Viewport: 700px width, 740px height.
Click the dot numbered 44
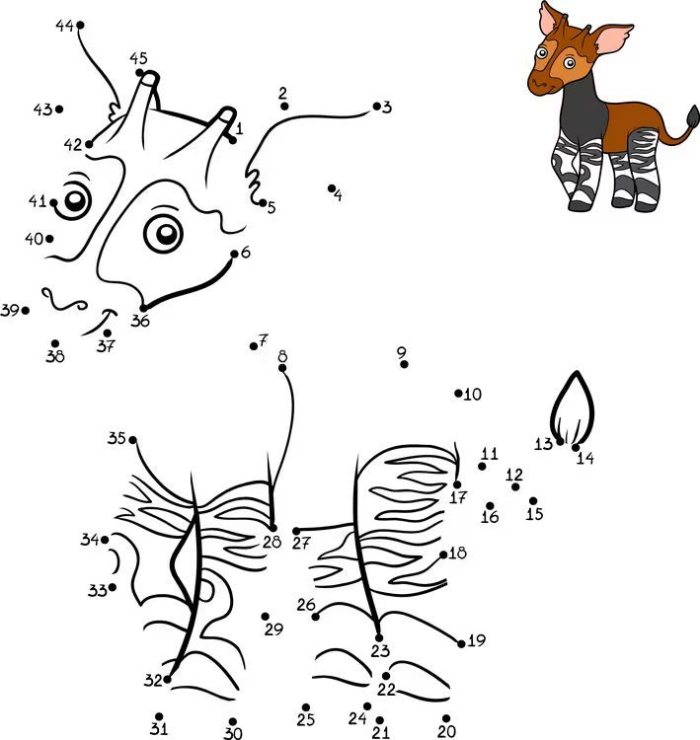(80, 25)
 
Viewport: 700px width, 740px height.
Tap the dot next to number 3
(376, 107)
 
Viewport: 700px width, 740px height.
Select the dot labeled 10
(458, 393)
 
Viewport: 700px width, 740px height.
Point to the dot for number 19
(461, 643)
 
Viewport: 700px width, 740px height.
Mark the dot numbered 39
(26, 311)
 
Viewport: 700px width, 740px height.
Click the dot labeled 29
(265, 617)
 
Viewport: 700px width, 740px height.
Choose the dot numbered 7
(253, 346)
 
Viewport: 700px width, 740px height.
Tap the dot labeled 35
(132, 440)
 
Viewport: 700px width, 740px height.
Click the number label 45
(138, 58)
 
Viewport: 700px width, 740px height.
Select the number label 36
(140, 321)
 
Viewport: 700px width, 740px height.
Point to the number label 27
(300, 544)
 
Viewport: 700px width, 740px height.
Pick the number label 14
(585, 458)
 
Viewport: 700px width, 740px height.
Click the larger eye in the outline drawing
(164, 233)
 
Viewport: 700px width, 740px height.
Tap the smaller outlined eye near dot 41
(74, 200)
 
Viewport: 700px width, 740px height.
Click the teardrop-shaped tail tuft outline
(572, 408)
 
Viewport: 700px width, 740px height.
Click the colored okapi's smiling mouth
(544, 87)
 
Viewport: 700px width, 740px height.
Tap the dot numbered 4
(331, 188)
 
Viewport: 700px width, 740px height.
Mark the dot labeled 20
(446, 718)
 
